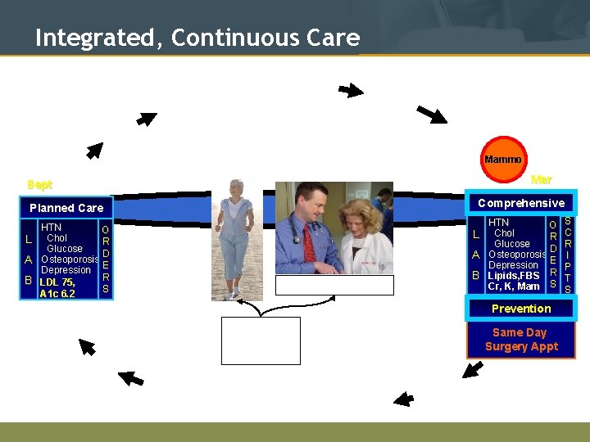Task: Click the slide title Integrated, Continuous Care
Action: click(197, 38)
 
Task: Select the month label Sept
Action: click(39, 185)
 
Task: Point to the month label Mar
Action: click(541, 180)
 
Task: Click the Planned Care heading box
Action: click(66, 208)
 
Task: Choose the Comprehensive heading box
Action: click(521, 203)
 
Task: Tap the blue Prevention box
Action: click(521, 309)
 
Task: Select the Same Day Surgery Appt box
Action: click(521, 339)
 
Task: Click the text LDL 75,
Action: click(57, 282)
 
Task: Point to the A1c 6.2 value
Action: click(57, 294)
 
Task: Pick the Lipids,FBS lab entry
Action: click(514, 276)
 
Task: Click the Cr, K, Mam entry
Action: click(514, 286)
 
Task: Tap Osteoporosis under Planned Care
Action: click(70, 259)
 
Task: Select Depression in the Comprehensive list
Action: click(513, 265)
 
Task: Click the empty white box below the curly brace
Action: click(261, 341)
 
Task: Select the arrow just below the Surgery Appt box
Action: click(472, 369)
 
